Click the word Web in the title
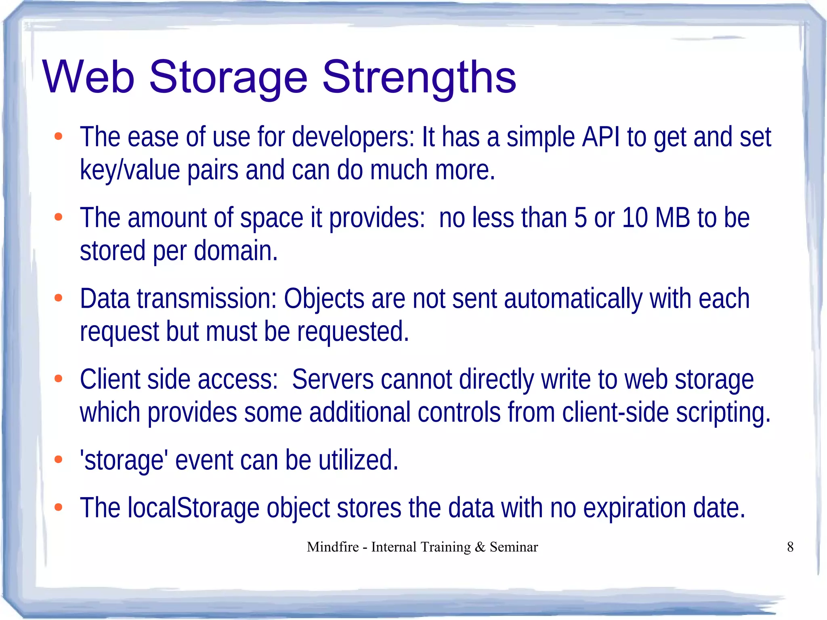click(88, 77)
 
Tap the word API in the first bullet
click(601, 137)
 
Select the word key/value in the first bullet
click(130, 170)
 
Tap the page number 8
click(790, 547)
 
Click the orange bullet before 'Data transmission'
click(59, 298)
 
